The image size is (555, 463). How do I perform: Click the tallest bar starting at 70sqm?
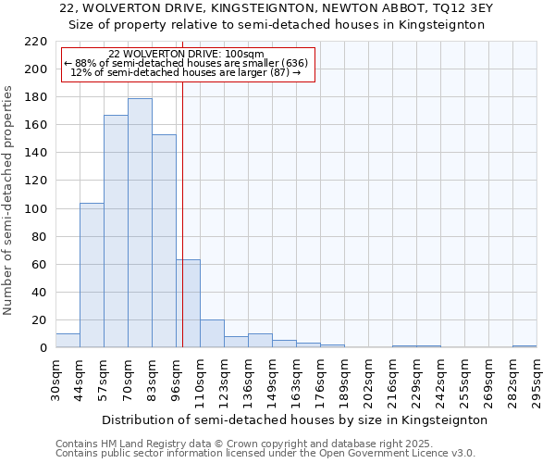pos(140,222)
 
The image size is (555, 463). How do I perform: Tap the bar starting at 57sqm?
pos(116,231)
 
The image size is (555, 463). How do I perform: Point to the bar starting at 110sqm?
pos(212,333)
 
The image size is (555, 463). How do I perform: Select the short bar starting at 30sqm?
pos(68,341)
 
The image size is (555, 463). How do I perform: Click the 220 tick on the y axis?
pos(36,42)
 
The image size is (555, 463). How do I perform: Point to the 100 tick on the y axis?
pos(36,209)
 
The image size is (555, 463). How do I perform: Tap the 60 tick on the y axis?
pos(40,265)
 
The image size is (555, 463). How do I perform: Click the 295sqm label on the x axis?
pos(536,381)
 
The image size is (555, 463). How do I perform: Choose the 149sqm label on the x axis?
pos(272,381)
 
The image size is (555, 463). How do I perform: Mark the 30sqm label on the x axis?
pos(55,381)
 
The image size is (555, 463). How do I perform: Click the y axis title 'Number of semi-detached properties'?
pos(8,201)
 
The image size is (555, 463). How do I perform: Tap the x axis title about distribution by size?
pos(294,419)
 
